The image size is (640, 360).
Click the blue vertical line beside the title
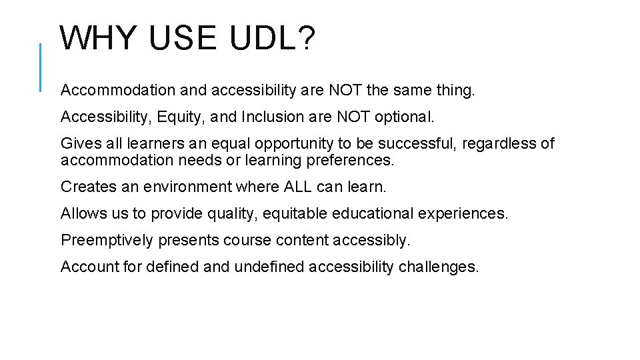coord(41,67)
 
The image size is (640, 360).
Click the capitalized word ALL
coord(298,187)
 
